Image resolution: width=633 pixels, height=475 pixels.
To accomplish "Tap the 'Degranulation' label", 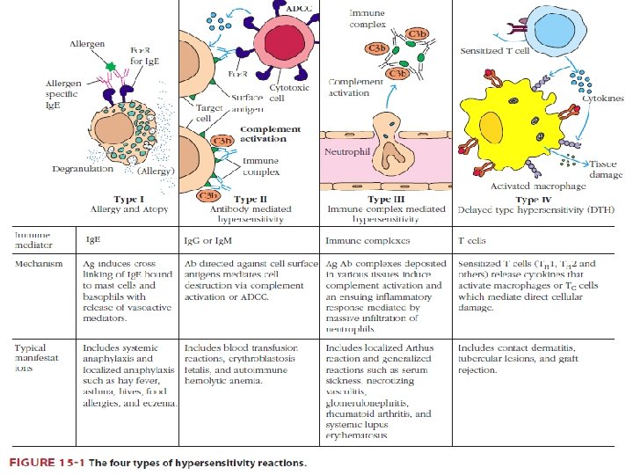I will (x=83, y=168).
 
